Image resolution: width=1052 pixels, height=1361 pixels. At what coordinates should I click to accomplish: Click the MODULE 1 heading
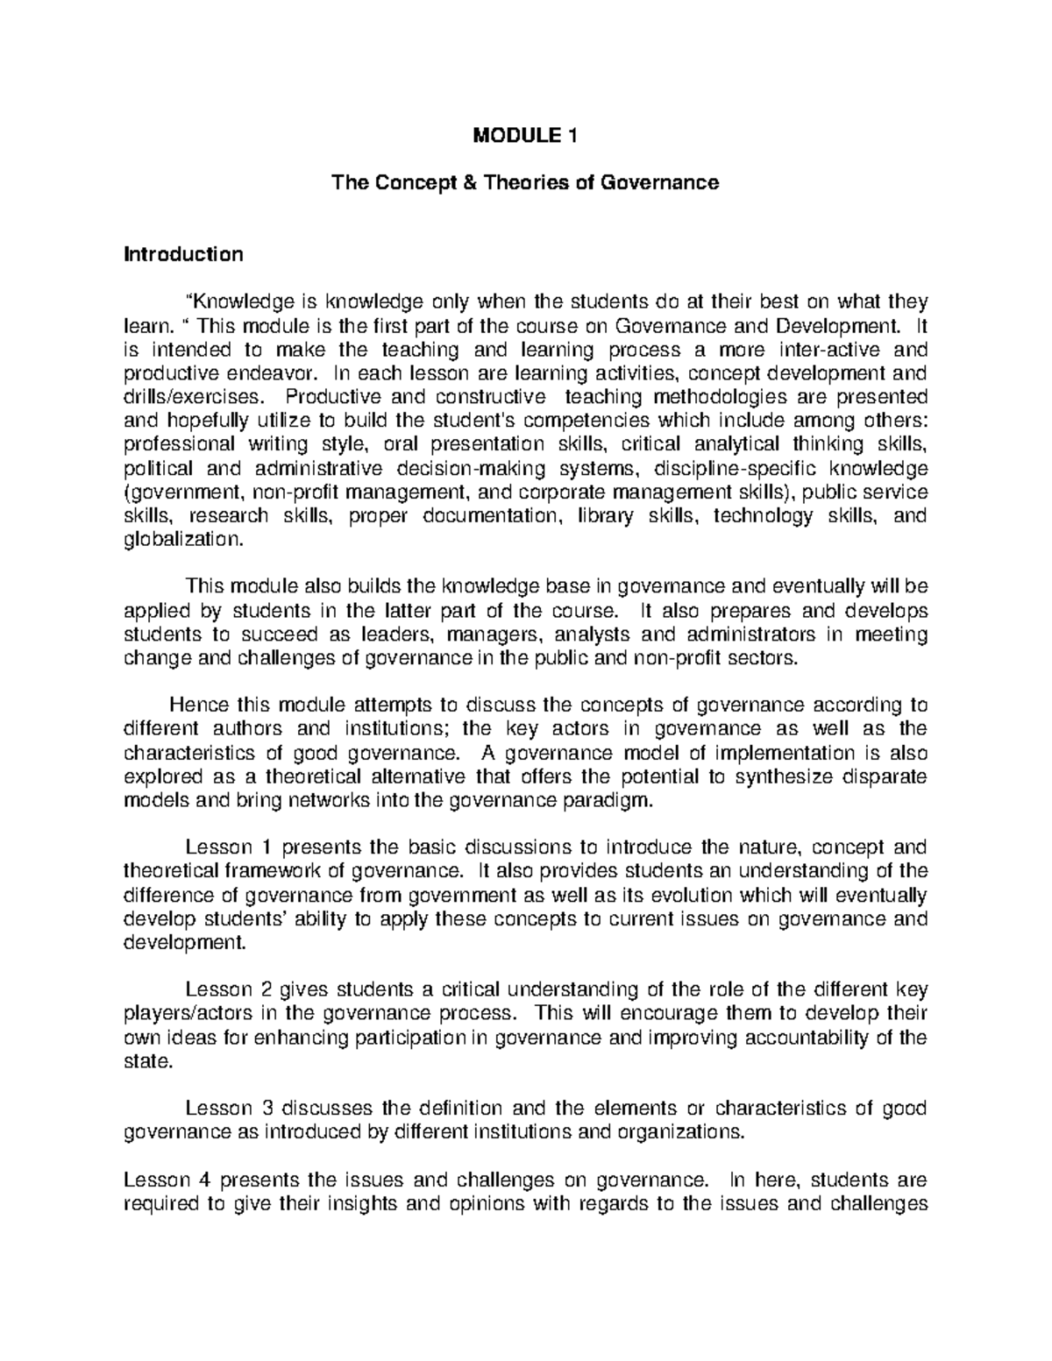(525, 136)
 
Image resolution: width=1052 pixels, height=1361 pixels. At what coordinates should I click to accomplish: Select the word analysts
(594, 634)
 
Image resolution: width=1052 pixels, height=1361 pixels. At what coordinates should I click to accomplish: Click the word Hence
(195, 705)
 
